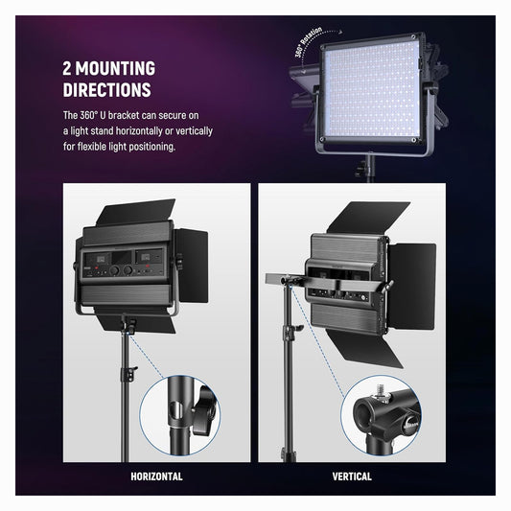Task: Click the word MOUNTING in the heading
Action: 115,68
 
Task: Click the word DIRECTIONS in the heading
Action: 106,90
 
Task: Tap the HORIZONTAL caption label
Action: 156,476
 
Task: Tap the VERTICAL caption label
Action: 352,476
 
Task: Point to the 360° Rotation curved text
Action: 308,42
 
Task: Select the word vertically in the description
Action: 194,131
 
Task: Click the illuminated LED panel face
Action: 372,89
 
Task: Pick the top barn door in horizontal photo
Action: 136,212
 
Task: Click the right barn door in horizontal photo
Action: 193,266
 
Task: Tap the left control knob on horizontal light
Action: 114,270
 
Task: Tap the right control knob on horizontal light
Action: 128,269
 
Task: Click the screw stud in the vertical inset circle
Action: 380,389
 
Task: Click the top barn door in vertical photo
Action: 368,218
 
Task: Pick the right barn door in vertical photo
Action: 412,287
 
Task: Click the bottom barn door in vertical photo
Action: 365,349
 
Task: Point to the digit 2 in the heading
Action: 67,68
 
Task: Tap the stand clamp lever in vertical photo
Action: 296,329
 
